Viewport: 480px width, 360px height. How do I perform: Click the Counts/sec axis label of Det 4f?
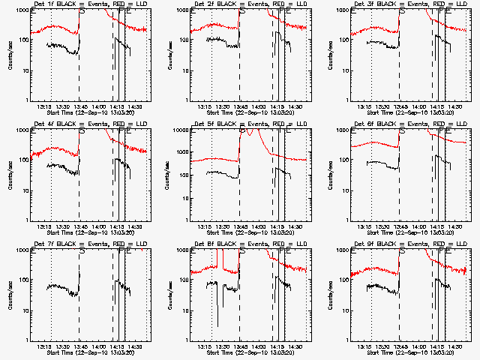click(10, 174)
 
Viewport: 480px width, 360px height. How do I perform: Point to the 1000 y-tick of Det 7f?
click(24, 251)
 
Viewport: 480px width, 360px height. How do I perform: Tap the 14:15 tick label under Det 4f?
click(116, 226)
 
